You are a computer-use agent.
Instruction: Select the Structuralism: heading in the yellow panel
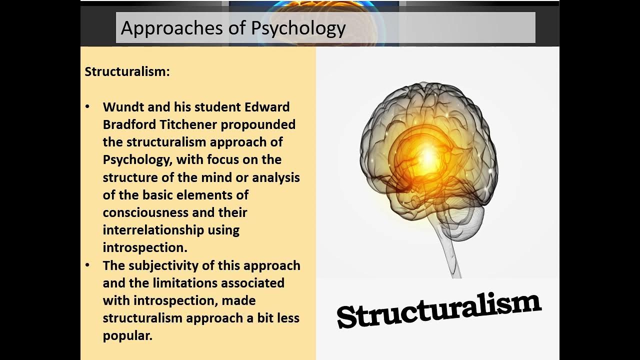[127, 71]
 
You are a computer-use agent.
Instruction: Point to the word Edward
[267, 107]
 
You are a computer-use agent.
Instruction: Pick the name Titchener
[186, 124]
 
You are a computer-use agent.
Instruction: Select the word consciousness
[145, 212]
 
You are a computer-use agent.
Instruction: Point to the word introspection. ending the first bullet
[145, 247]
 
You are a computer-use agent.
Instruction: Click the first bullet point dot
[88, 107]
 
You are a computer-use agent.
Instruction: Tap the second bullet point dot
[88, 265]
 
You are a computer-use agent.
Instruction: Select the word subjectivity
[168, 265]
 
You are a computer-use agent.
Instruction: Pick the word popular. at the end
[127, 335]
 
